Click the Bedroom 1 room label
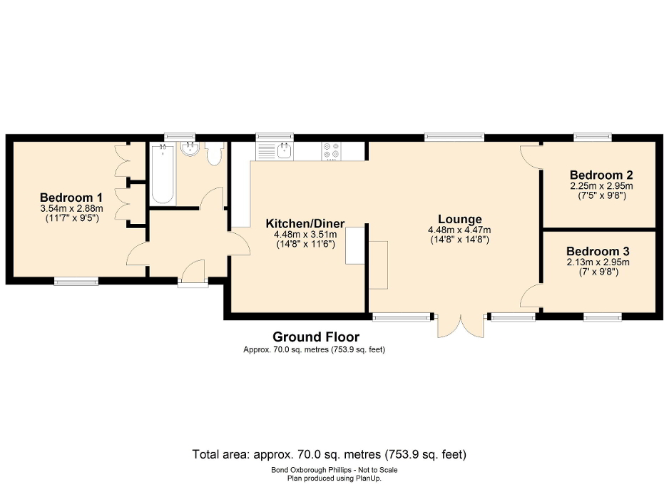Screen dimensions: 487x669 click(x=71, y=198)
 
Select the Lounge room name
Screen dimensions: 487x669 click(x=460, y=219)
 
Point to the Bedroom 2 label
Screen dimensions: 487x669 click(x=601, y=175)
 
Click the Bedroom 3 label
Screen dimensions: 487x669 click(x=598, y=251)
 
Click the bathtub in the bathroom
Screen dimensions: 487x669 click(x=162, y=174)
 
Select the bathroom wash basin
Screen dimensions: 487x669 click(x=190, y=150)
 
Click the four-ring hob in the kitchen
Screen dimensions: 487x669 click(x=331, y=150)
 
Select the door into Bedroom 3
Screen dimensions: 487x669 click(x=531, y=296)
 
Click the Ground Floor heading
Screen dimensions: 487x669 click(x=316, y=337)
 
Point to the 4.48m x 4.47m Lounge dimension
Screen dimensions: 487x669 click(x=459, y=230)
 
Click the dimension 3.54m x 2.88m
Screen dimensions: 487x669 click(x=72, y=209)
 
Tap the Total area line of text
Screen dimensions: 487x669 click(x=329, y=453)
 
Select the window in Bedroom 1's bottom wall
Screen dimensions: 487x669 click(x=76, y=282)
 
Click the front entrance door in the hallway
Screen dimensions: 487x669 click(x=193, y=274)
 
